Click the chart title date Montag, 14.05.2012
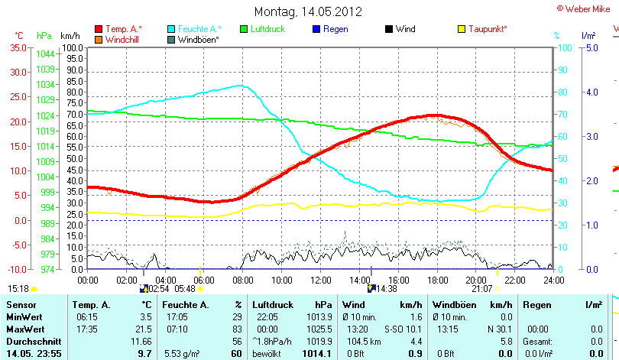coord(308,12)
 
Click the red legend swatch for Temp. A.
coord(99,29)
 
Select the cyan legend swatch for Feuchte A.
coord(171,29)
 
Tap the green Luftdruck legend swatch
coord(245,29)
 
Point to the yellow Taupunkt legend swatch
coord(462,29)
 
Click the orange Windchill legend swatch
coord(99,39)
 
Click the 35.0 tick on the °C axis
coord(17,47)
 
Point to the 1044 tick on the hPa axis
coord(44,54)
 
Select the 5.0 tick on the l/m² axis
coord(590,47)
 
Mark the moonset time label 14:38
coord(387,289)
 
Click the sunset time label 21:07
coord(482,289)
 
